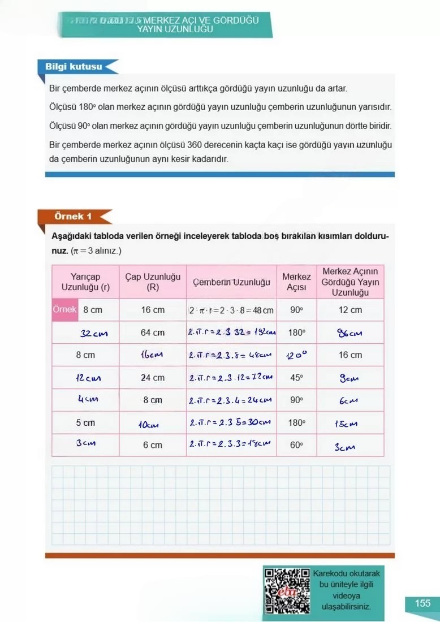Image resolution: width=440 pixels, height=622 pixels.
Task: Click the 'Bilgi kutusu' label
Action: click(x=74, y=67)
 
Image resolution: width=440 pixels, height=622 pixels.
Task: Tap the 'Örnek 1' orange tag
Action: click(x=72, y=217)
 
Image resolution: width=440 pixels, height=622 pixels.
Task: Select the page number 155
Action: click(x=422, y=603)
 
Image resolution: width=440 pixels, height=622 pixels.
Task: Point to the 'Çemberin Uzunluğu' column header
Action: click(x=231, y=282)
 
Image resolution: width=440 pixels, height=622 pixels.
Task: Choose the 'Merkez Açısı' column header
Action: click(x=296, y=282)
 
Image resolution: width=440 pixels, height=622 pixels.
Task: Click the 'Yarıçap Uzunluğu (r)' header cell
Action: click(x=85, y=282)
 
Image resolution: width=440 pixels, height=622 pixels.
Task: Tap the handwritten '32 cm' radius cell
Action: click(x=93, y=333)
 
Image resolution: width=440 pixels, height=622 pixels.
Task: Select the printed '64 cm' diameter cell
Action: click(x=153, y=332)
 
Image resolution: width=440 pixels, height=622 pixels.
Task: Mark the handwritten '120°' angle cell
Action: click(x=296, y=356)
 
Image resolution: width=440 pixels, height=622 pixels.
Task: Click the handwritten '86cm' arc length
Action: click(x=350, y=333)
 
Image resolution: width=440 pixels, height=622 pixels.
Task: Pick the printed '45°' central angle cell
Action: click(x=296, y=378)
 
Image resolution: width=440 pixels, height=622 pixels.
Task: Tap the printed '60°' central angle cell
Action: click(x=296, y=445)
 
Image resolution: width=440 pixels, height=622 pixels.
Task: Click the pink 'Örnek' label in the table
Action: click(x=64, y=310)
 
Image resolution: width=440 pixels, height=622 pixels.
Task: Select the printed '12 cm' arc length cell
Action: click(x=350, y=310)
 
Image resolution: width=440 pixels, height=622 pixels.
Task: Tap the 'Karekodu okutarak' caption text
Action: click(x=346, y=573)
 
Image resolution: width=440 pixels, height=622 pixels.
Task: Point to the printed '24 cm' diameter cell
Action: click(x=153, y=378)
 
